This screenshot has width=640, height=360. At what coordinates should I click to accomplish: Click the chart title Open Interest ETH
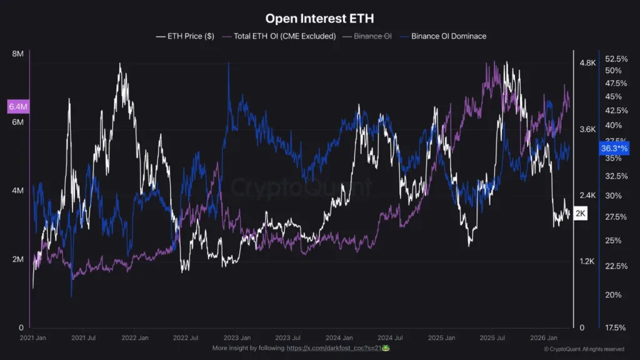click(x=319, y=19)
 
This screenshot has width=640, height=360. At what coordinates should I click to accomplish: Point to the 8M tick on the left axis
click(x=18, y=54)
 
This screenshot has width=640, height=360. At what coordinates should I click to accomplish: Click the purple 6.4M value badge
click(x=18, y=107)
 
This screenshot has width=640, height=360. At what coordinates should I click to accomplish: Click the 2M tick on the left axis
click(x=18, y=259)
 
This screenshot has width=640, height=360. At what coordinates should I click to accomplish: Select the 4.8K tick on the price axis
click(x=587, y=63)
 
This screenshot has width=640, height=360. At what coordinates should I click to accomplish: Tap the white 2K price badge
click(x=581, y=214)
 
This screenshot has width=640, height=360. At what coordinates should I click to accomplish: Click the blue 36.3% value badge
click(x=614, y=149)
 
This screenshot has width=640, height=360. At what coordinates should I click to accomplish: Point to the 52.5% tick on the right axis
click(x=616, y=59)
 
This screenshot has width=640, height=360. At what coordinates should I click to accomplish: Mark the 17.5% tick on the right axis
click(x=616, y=327)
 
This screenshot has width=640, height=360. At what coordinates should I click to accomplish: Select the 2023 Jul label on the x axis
click(x=287, y=337)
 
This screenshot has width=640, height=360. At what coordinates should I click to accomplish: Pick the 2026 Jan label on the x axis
click(x=542, y=337)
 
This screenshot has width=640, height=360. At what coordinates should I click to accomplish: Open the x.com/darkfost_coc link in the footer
click(x=337, y=347)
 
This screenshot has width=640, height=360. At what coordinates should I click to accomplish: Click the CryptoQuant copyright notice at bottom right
click(x=583, y=349)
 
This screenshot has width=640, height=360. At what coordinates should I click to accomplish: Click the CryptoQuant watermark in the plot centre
click(x=302, y=186)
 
